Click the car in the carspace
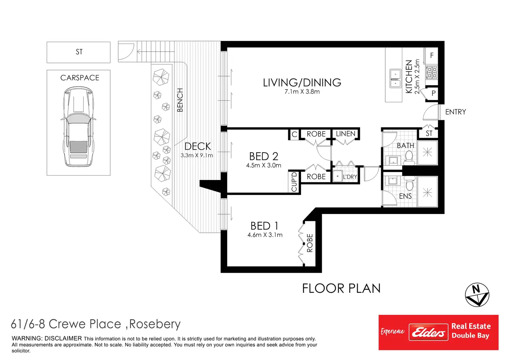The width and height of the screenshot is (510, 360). (x=78, y=126)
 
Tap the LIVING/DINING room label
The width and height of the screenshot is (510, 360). (x=302, y=82)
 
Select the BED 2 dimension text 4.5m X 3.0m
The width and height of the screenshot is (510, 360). (x=264, y=165)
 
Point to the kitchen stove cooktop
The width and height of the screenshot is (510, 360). (x=431, y=72)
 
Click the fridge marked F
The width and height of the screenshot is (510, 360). (x=432, y=55)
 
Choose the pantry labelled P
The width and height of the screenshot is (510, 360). (x=433, y=93)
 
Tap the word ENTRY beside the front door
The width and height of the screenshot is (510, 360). (x=456, y=112)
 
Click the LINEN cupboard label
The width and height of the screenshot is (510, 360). (x=346, y=134)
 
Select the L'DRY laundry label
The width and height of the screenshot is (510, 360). (x=350, y=177)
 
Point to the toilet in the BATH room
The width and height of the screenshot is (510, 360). (x=409, y=158)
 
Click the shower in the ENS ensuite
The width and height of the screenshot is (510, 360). (x=427, y=192)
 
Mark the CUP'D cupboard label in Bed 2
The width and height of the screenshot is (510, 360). (x=294, y=182)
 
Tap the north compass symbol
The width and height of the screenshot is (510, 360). (x=477, y=295)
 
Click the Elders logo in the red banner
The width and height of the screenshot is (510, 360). (x=428, y=332)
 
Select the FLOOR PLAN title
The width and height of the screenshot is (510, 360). (x=341, y=288)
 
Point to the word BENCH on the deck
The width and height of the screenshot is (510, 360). (x=180, y=100)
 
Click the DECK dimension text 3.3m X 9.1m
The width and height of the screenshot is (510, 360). (x=197, y=155)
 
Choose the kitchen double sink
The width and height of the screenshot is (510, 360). (x=395, y=79)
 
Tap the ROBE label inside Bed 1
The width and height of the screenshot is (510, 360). (x=310, y=243)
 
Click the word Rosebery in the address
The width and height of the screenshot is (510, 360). (x=155, y=324)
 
